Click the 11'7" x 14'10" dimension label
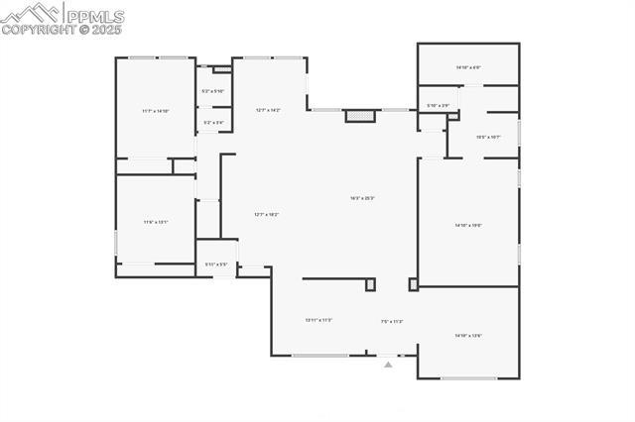(x=156, y=111)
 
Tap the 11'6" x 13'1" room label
(x=156, y=222)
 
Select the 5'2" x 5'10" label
(x=213, y=91)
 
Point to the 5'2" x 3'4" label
(x=213, y=123)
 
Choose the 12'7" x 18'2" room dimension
(x=266, y=215)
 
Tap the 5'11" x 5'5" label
(x=216, y=264)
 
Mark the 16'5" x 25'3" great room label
(x=361, y=198)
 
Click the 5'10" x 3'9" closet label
(x=438, y=106)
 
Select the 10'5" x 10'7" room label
(x=488, y=137)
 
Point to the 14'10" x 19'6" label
(x=468, y=226)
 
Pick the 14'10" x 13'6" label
(x=468, y=336)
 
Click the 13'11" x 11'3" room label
(x=318, y=320)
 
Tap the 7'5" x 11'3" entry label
(x=392, y=321)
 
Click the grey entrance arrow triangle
(x=388, y=365)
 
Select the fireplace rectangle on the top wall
(x=361, y=116)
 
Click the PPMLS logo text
(x=94, y=16)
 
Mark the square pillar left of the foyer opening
(x=371, y=284)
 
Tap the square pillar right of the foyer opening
(x=413, y=284)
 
